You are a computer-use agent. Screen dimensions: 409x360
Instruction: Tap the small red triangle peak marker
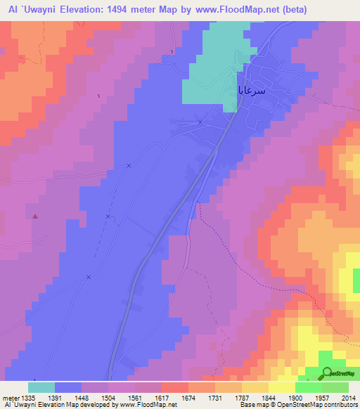35,216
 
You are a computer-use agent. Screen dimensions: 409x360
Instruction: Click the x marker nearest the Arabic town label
200,122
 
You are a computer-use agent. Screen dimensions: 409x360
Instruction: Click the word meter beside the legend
9,398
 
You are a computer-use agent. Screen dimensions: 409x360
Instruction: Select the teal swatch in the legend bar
41,387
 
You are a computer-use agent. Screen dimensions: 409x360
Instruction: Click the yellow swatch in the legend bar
281,387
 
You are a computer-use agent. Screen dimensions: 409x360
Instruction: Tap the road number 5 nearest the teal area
171,52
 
